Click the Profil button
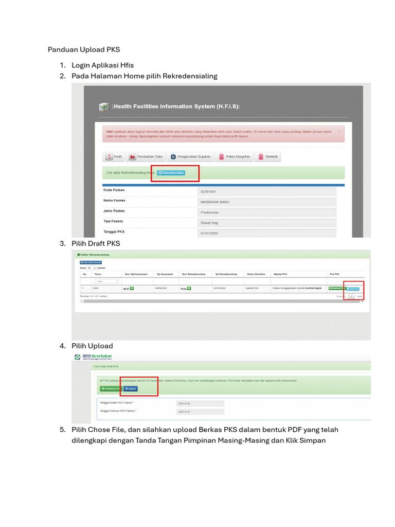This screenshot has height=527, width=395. tap(114, 157)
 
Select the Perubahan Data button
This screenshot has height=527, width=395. tap(146, 157)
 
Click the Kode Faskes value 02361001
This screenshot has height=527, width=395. tap(266, 191)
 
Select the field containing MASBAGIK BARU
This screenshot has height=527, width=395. tap(266, 202)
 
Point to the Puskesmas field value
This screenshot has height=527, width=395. tap(266, 212)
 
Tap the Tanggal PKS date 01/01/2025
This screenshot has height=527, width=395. tap(266, 233)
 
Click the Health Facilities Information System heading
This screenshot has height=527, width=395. tap(175, 107)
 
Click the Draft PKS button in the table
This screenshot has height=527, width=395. tap(354, 289)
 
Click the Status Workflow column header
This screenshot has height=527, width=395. tap(256, 274)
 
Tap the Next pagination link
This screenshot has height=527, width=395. tap(360, 296)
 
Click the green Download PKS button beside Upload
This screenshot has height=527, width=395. tap(111, 389)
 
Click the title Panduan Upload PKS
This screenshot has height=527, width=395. tap(84, 50)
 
